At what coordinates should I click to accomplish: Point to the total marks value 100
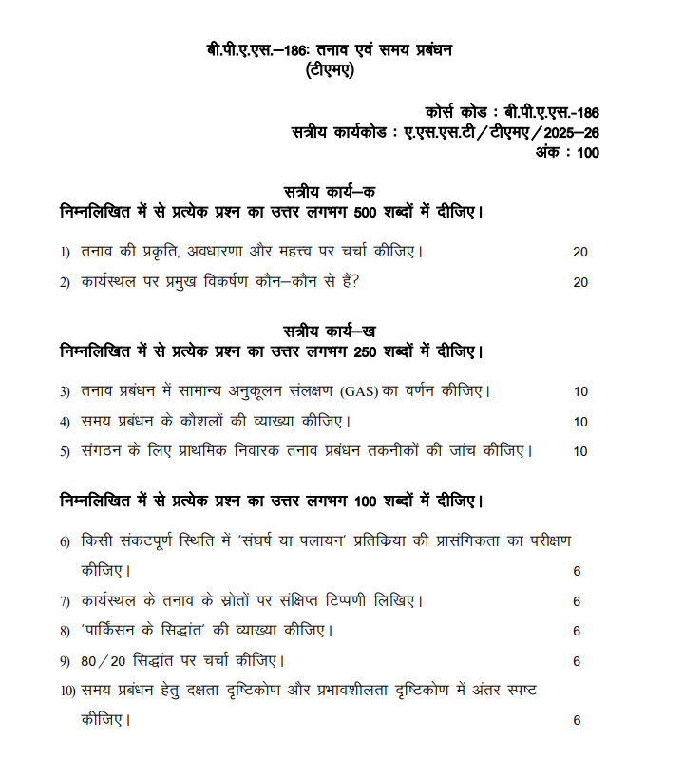[588, 153]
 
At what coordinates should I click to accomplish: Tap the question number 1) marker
[65, 252]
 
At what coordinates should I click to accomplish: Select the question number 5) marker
[65, 451]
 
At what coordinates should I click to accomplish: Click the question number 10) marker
[66, 691]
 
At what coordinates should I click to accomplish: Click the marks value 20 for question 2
[580, 282]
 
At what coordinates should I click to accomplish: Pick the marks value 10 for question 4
[580, 422]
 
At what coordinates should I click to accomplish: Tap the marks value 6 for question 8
[577, 631]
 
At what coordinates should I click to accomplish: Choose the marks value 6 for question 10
[577, 720]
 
